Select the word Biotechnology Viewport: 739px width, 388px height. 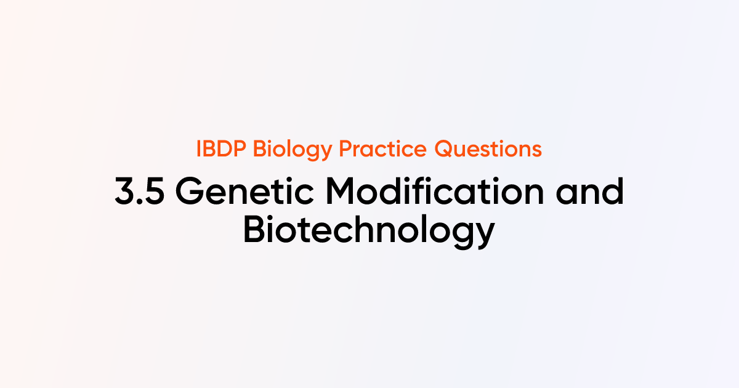369,231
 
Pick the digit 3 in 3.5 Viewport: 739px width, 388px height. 124,192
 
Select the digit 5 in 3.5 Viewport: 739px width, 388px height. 153,192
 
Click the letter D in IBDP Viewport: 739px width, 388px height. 227,149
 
